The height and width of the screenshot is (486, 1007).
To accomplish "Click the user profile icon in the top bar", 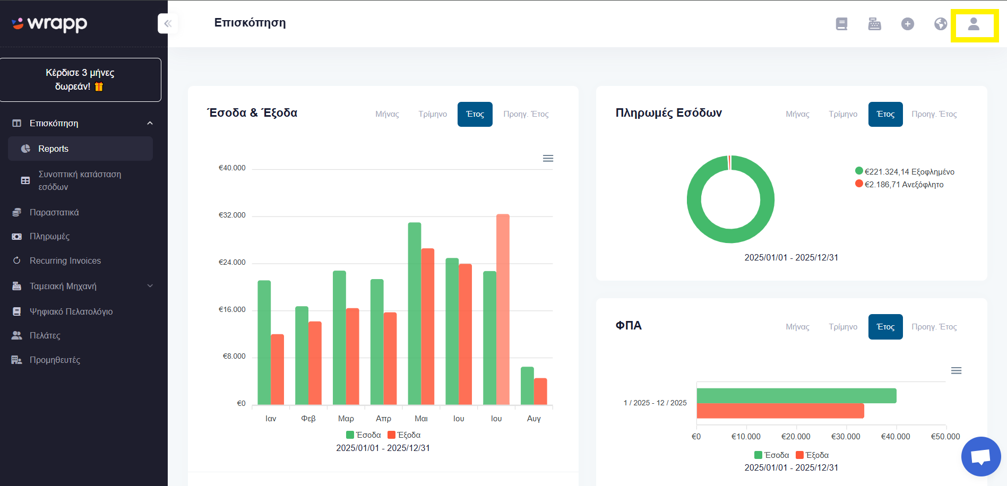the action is point(974,24).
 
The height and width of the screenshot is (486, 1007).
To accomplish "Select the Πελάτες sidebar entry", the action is point(45,335).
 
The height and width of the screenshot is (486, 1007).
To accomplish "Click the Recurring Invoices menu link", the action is point(65,261).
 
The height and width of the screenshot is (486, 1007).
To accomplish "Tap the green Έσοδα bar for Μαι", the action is point(415,314).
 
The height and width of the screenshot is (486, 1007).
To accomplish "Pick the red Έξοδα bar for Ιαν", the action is point(277,369).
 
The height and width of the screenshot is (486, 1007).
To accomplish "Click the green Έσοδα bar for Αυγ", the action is point(527,386).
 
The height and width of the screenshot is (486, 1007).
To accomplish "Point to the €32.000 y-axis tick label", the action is point(232,215).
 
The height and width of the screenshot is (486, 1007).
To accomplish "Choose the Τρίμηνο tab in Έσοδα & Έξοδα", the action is point(433,114).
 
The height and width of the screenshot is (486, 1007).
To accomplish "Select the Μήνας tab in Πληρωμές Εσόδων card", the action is point(797,114).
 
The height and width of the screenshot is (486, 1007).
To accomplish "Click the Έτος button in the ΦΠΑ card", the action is point(885,327).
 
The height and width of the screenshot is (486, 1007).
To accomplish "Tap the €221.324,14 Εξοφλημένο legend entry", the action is point(905,171).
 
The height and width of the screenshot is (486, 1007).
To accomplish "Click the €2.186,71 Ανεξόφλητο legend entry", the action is point(899,184).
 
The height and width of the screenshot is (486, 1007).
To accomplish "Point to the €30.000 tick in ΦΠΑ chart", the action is point(846,437).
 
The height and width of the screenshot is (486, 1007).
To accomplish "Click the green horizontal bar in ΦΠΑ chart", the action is point(797,396).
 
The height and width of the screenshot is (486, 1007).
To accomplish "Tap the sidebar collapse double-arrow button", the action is point(168,23).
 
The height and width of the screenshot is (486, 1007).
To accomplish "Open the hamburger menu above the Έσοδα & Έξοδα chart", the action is point(548,158).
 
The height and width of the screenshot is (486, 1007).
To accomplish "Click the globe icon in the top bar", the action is point(941,24).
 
